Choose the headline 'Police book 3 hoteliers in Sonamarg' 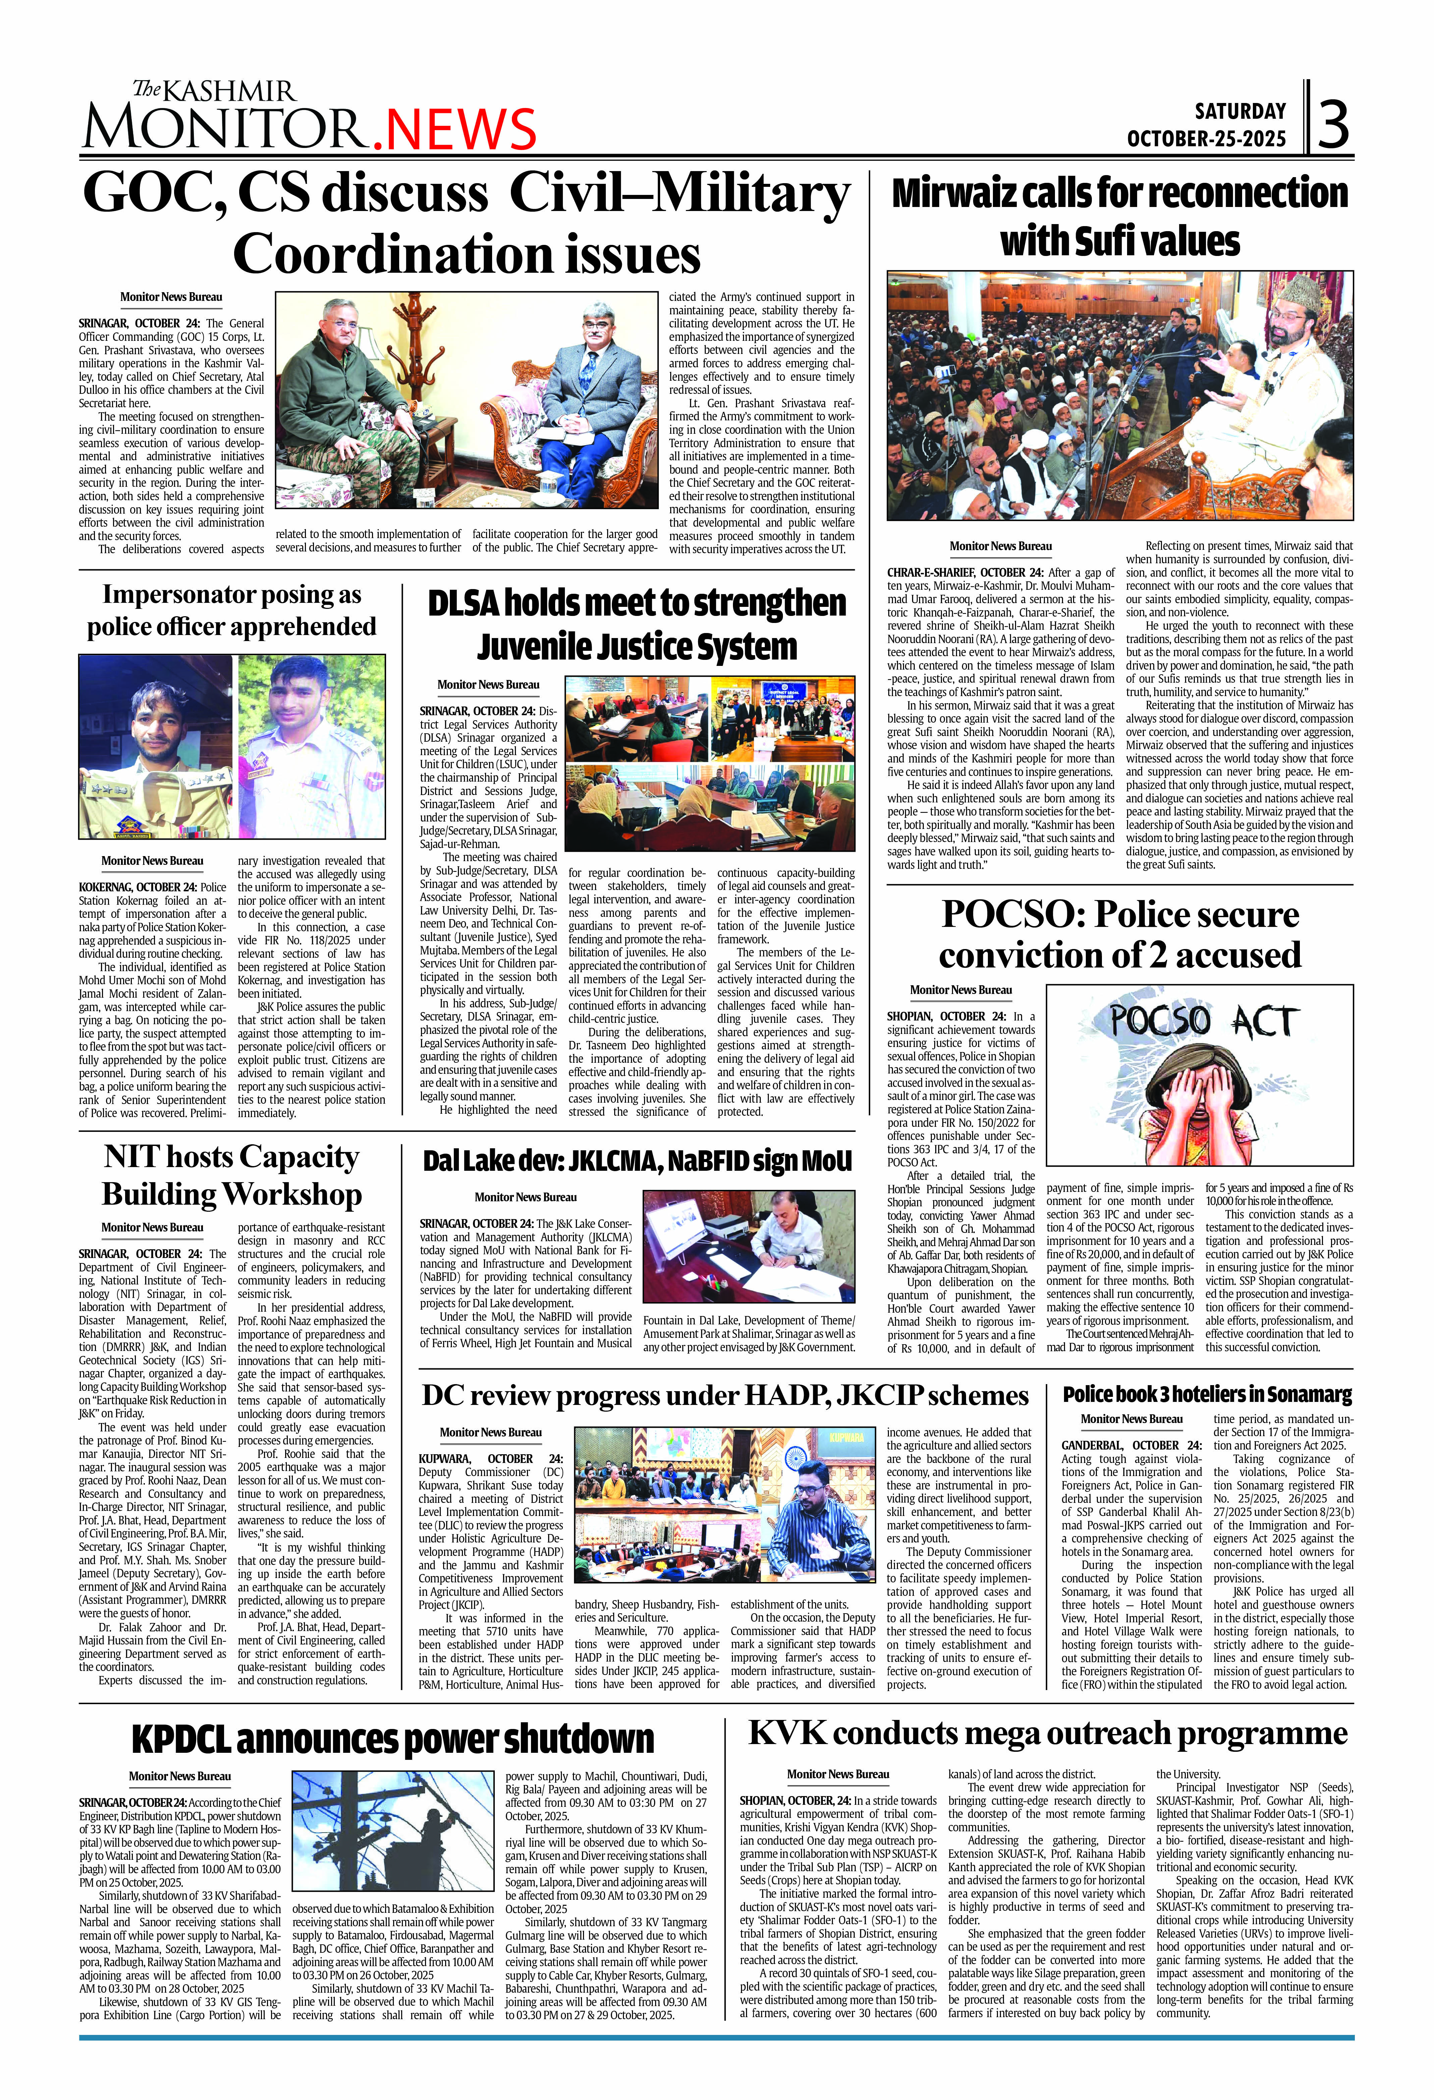click(x=1207, y=1394)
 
